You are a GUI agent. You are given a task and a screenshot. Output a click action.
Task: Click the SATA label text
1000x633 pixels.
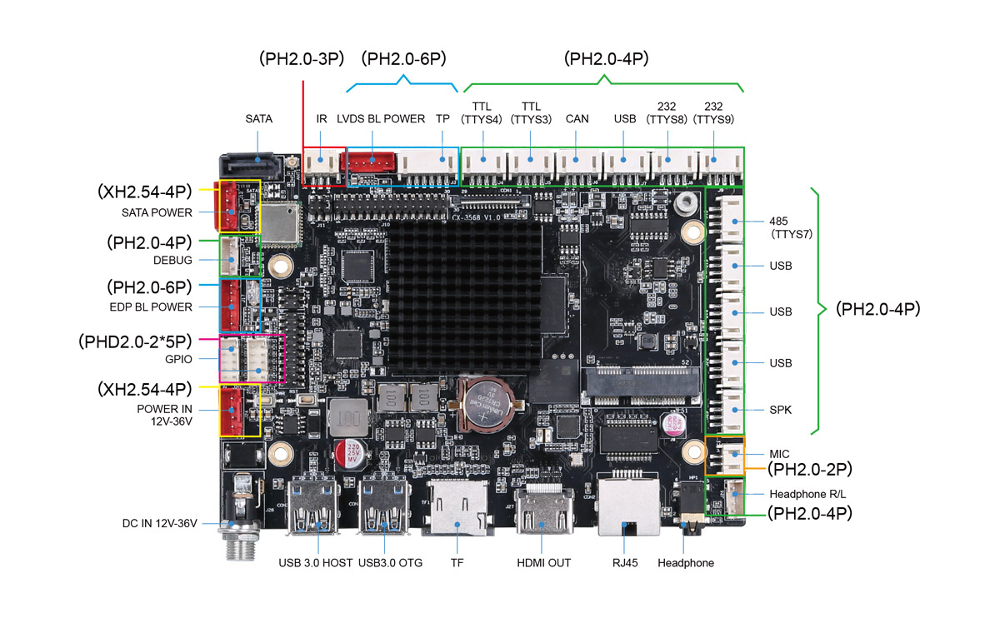(258, 119)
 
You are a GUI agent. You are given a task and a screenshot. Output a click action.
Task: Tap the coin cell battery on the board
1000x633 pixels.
(486, 402)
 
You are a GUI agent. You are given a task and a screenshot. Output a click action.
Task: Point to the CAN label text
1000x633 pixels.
(577, 119)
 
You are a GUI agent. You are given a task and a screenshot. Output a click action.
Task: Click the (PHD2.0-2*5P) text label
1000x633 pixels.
(135, 341)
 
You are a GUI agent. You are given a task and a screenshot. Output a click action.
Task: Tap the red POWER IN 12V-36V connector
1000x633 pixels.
(232, 411)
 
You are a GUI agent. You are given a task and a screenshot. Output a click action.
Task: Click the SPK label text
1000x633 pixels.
(781, 410)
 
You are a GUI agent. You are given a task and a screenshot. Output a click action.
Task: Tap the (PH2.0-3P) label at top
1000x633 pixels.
(301, 59)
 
